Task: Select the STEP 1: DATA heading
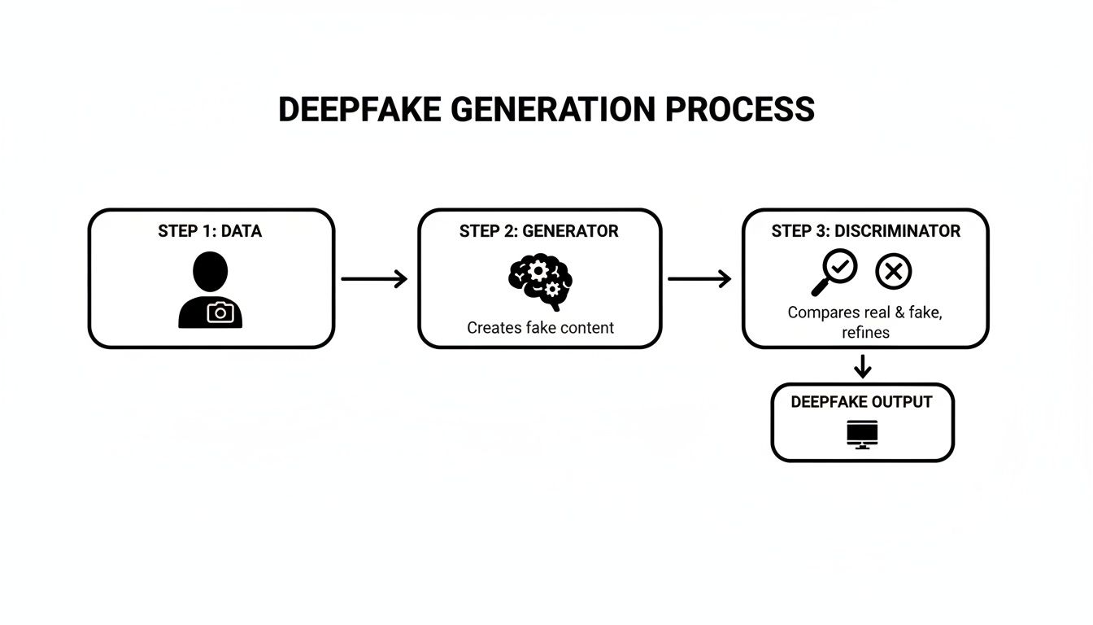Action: (210, 231)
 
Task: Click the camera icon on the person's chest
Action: (220, 312)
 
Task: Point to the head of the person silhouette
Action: (211, 271)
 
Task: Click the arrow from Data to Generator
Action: (374, 279)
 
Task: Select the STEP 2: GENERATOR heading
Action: (538, 231)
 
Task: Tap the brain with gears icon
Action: (538, 282)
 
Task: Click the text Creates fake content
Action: (540, 328)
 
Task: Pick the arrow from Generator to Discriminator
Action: (699, 279)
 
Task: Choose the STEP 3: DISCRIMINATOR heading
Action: (865, 231)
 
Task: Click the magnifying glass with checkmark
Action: (834, 272)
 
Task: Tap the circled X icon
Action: (893, 271)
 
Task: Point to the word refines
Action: (865, 332)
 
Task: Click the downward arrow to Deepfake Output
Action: (863, 366)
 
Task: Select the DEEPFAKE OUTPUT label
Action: (861, 402)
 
